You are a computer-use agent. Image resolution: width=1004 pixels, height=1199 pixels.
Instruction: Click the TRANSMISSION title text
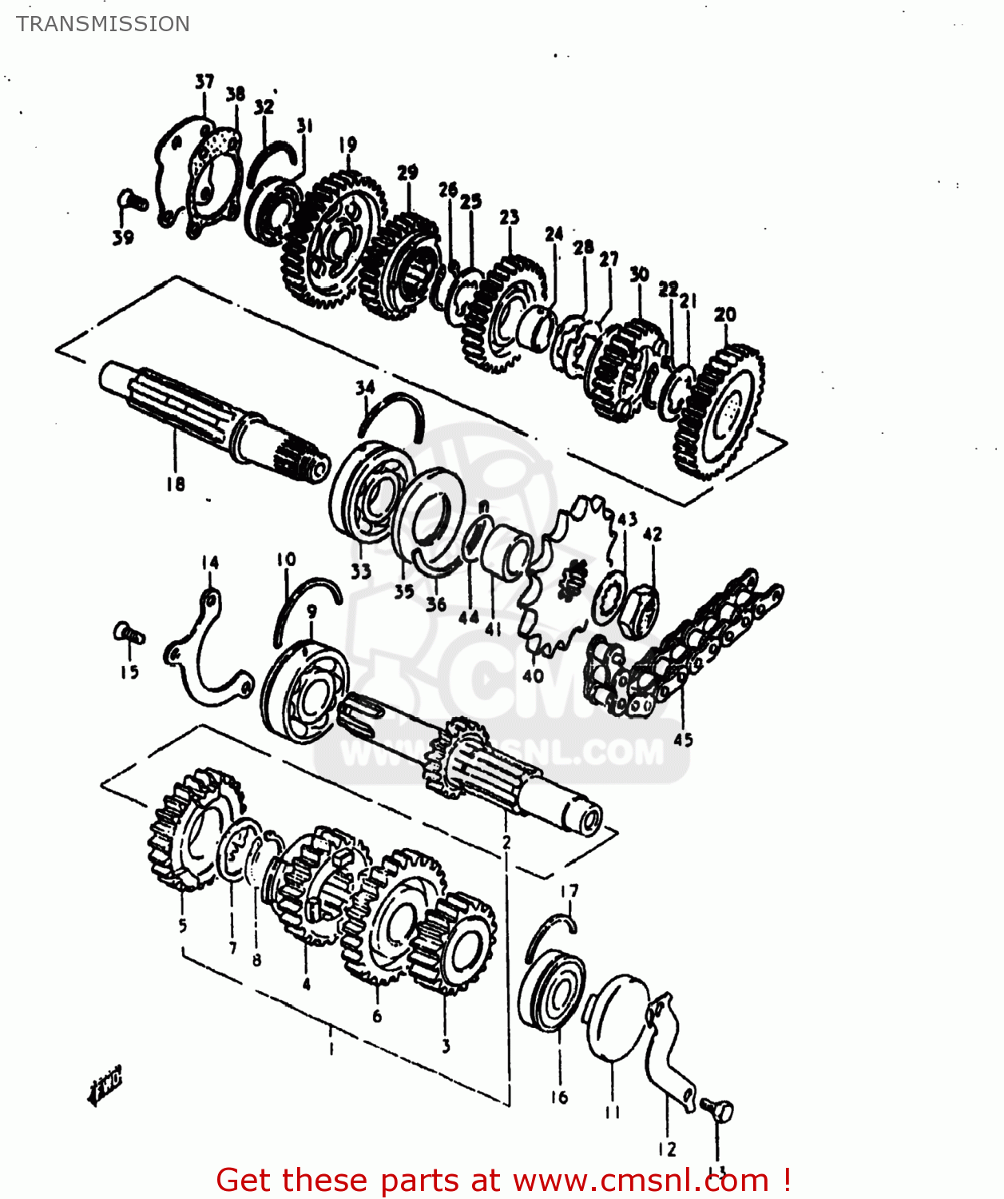[103, 24]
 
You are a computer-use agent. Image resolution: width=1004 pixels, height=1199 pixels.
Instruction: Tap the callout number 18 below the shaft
[176, 484]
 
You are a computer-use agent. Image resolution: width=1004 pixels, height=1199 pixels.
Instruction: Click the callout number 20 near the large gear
[724, 314]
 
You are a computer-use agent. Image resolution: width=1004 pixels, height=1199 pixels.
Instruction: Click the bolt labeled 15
[128, 634]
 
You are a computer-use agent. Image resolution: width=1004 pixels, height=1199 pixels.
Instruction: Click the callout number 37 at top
[204, 82]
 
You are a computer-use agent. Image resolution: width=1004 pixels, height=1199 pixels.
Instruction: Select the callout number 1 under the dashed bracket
[331, 1048]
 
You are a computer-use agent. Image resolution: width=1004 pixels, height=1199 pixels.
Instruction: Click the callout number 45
[683, 739]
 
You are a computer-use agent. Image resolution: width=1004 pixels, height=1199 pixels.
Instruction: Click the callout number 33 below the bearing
[361, 571]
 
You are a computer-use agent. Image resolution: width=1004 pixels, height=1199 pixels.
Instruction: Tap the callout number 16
[559, 1097]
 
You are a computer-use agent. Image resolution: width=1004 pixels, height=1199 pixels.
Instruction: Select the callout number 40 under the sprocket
[533, 675]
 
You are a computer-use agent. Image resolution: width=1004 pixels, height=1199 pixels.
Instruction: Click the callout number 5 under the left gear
[183, 926]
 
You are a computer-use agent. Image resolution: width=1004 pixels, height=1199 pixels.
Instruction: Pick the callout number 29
[407, 172]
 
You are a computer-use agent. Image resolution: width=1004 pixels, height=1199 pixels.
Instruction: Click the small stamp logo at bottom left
[105, 1085]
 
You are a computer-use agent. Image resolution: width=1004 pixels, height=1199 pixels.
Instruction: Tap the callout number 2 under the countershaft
[506, 842]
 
